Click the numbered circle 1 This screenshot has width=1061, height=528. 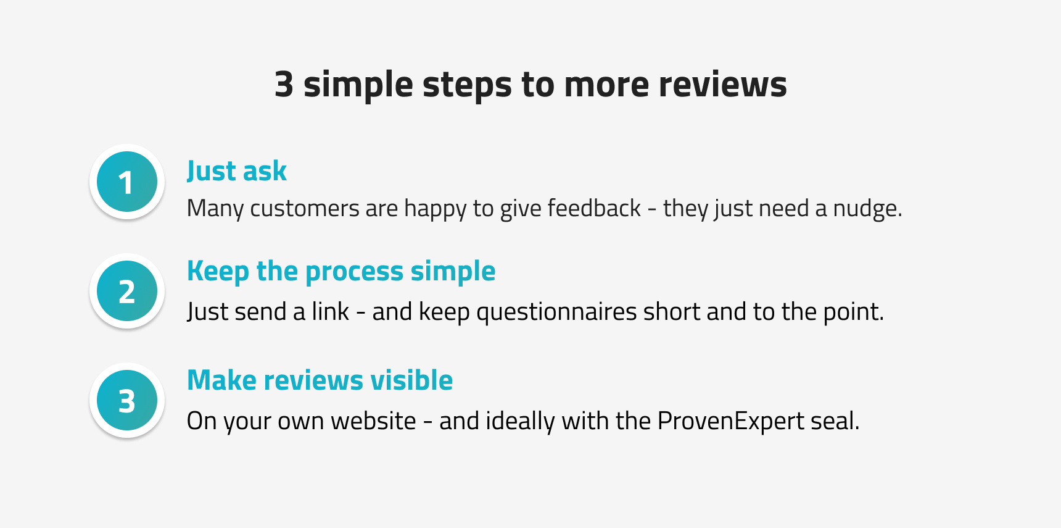click(x=127, y=182)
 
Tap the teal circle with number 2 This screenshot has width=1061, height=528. click(x=127, y=291)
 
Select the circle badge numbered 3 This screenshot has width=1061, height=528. click(x=127, y=400)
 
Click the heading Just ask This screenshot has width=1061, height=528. click(x=237, y=171)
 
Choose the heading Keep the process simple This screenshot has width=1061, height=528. click(x=341, y=272)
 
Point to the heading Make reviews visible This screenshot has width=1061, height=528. click(x=320, y=380)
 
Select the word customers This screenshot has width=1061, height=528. click(x=304, y=209)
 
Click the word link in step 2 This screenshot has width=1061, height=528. click(x=331, y=312)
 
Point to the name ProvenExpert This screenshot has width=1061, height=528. click(x=731, y=422)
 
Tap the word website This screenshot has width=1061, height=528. click(x=373, y=421)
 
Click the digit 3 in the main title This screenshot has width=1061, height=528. click(x=284, y=84)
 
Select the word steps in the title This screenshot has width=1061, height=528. click(x=467, y=85)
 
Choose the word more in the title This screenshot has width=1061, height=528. click(x=606, y=85)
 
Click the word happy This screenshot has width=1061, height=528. click(x=436, y=209)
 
